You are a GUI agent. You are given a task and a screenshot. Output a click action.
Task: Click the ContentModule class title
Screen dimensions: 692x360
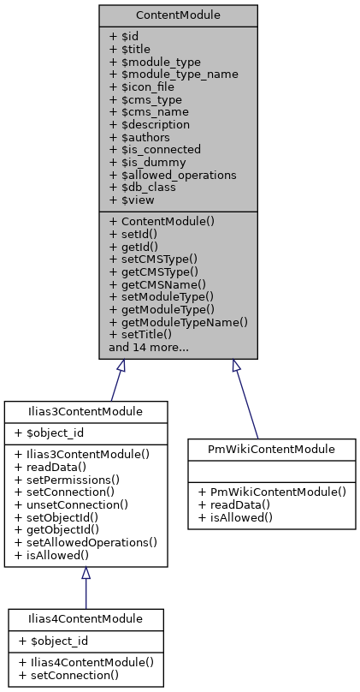click(x=178, y=16)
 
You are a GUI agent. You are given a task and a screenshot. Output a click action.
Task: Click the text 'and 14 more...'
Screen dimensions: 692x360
click(x=149, y=348)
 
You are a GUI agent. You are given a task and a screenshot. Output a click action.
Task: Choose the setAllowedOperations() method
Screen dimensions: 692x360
click(x=86, y=542)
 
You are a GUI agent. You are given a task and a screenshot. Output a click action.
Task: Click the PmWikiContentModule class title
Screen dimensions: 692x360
click(x=271, y=448)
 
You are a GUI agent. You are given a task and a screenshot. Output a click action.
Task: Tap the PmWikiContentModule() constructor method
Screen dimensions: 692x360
click(x=271, y=492)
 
